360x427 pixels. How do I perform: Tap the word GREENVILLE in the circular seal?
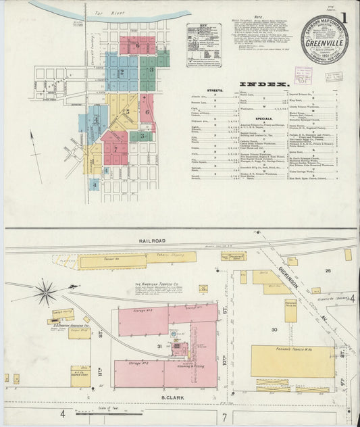(326, 43)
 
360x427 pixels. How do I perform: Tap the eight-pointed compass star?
(47, 292)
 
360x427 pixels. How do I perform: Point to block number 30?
(274, 330)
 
